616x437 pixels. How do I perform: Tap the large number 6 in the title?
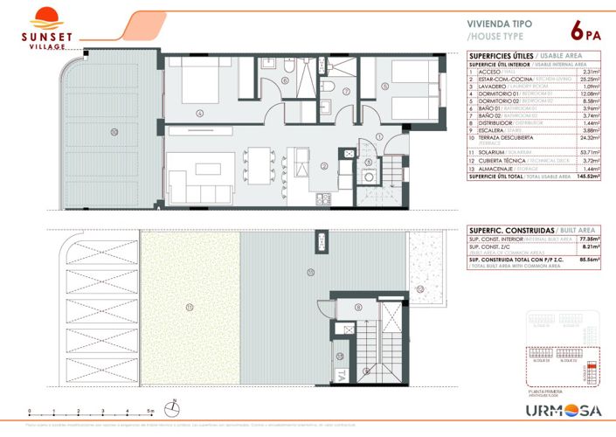pos(578,31)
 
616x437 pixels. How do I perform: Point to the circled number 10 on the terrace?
pos(114,132)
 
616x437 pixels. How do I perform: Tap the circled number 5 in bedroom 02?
pos(384,86)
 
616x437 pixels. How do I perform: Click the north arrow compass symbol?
pos(173,408)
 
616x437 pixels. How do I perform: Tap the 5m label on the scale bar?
pos(151,410)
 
